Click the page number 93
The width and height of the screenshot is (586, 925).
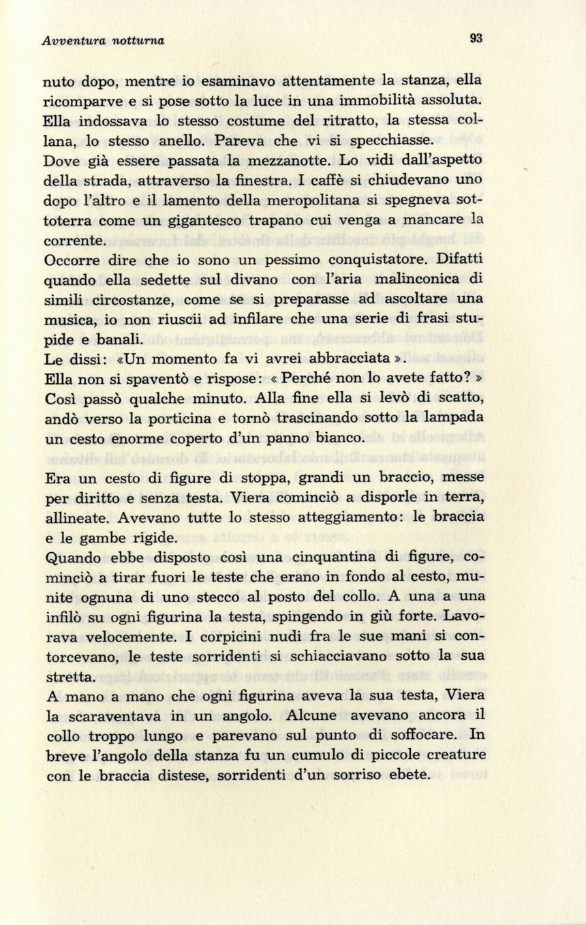point(476,39)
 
